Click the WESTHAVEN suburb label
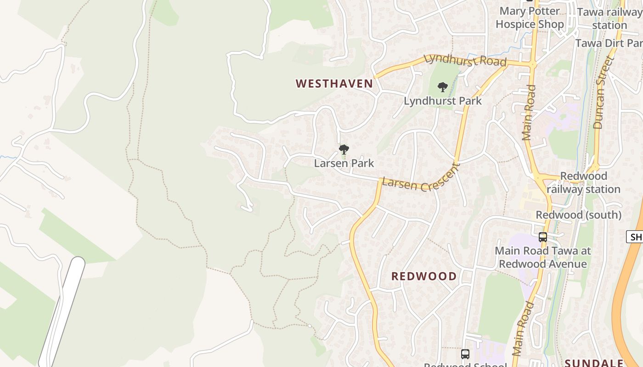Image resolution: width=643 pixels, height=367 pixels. click(x=334, y=83)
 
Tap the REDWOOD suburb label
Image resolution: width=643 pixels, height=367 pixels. click(x=424, y=276)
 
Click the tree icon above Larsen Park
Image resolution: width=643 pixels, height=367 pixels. click(x=344, y=150)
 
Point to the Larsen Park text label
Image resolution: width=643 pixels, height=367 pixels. click(x=344, y=163)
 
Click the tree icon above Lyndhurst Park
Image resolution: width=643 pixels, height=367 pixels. click(x=442, y=87)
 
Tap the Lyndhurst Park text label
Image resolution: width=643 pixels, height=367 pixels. click(x=443, y=101)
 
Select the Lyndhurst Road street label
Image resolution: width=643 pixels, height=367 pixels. click(x=465, y=60)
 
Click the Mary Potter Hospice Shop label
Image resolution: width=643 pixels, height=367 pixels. click(x=530, y=18)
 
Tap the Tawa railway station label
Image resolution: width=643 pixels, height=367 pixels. click(x=609, y=18)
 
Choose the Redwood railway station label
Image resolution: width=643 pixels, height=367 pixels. click(x=583, y=183)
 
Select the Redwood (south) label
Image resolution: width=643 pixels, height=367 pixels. click(x=578, y=215)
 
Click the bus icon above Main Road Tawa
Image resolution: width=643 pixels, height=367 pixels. click(x=543, y=237)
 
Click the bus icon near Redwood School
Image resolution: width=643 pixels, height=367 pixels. click(x=465, y=354)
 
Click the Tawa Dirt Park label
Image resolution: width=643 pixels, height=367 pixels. click(x=609, y=43)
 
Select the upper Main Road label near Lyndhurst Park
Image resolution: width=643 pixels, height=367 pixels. click(x=529, y=112)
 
